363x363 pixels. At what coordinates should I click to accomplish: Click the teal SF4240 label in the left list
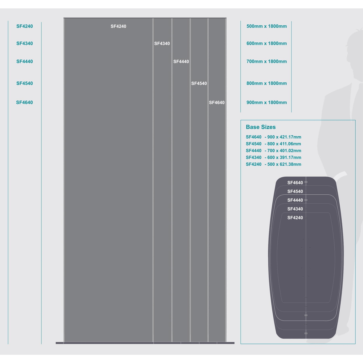pyautogui.click(x=25, y=26)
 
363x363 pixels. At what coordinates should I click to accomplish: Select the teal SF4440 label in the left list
pyautogui.click(x=25, y=61)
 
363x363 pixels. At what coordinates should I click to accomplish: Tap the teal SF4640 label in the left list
pyautogui.click(x=24, y=103)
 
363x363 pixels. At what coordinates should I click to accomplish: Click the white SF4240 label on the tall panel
pyautogui.click(x=118, y=26)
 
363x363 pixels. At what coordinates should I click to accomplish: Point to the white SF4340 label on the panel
pyautogui.click(x=162, y=44)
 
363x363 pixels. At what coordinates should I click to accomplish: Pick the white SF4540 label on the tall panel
pyautogui.click(x=199, y=83)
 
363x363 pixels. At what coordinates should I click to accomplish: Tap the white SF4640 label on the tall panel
pyautogui.click(x=216, y=103)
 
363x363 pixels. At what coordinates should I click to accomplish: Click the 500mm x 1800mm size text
pyautogui.click(x=266, y=26)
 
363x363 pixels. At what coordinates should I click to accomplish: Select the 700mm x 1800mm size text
pyautogui.click(x=266, y=61)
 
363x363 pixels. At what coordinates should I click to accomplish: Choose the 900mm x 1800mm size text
pyautogui.click(x=266, y=103)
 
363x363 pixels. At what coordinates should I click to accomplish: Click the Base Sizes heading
pyautogui.click(x=261, y=127)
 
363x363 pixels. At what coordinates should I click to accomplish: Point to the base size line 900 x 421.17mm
pyautogui.click(x=274, y=137)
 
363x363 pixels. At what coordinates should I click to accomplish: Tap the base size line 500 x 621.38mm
pyautogui.click(x=274, y=164)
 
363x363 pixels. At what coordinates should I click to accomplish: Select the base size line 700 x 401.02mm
pyautogui.click(x=274, y=151)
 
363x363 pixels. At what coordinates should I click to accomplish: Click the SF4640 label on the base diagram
pyautogui.click(x=295, y=182)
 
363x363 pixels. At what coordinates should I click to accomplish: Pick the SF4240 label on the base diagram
pyautogui.click(x=295, y=218)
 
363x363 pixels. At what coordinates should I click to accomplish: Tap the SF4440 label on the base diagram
pyautogui.click(x=295, y=200)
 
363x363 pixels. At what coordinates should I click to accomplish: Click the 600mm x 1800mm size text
pyautogui.click(x=266, y=44)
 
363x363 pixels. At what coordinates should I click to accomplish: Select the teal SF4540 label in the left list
pyautogui.click(x=25, y=83)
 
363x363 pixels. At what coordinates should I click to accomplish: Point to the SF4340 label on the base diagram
pyautogui.click(x=295, y=209)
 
